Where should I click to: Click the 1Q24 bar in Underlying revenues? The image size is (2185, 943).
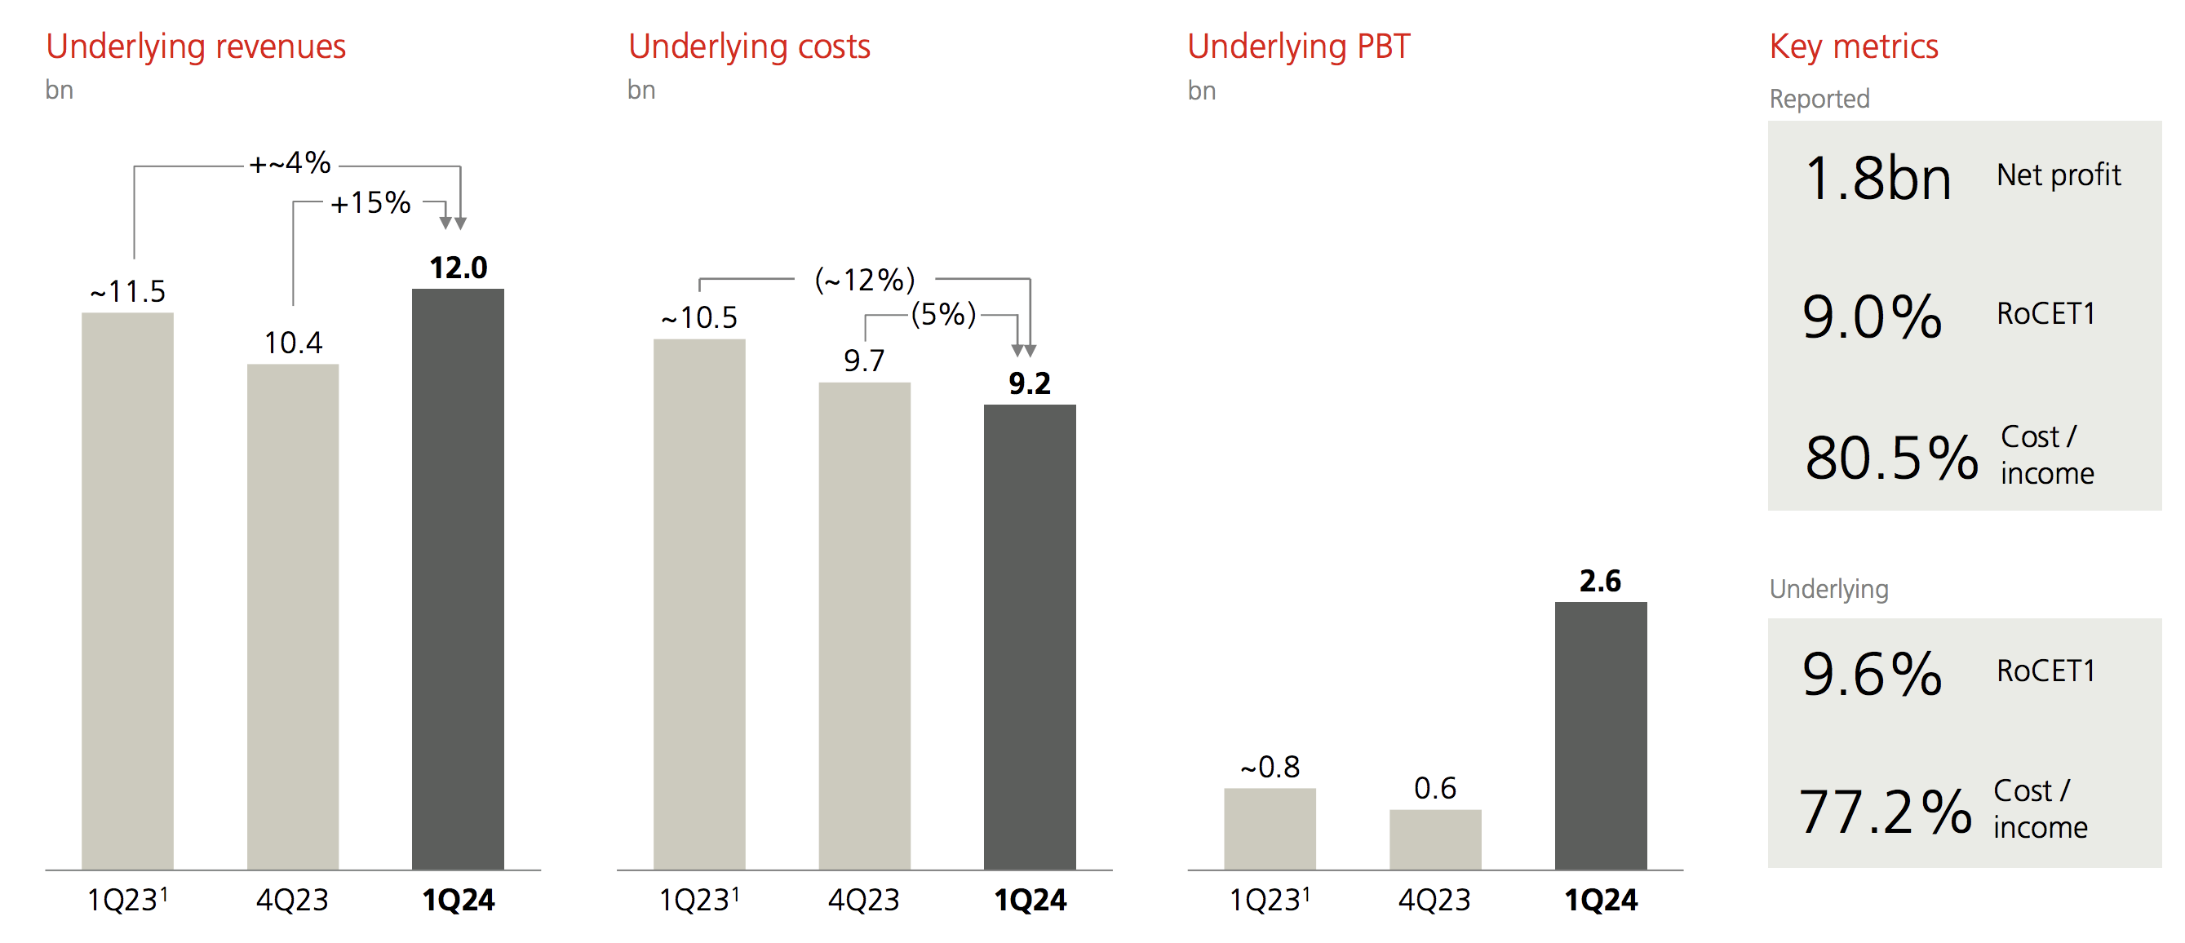point(458,578)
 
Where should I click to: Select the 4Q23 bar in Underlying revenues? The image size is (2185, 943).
point(293,617)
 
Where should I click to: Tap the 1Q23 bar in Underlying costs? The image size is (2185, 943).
point(699,604)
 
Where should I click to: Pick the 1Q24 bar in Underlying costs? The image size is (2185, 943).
point(1030,636)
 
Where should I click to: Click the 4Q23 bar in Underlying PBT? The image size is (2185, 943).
point(1435,839)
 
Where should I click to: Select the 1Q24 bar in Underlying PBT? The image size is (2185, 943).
point(1601,735)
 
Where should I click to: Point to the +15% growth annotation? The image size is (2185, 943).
point(370,202)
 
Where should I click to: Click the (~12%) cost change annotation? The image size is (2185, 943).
point(864,279)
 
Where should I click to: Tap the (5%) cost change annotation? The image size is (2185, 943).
point(943,315)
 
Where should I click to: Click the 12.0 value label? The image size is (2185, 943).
point(458,268)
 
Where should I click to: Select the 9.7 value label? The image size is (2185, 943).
point(863,361)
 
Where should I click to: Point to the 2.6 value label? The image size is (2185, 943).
point(1600,581)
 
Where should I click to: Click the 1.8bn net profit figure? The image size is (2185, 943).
point(1877,179)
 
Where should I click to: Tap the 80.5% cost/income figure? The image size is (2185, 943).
point(1890,458)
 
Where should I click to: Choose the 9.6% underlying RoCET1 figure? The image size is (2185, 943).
point(1872,674)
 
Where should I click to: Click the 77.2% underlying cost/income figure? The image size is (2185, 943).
point(1885,812)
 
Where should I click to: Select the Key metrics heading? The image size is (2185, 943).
point(1854,46)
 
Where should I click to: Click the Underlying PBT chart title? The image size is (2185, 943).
point(1299,46)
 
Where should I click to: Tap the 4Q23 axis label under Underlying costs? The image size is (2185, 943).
point(863,900)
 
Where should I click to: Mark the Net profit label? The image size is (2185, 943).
point(2059,175)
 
